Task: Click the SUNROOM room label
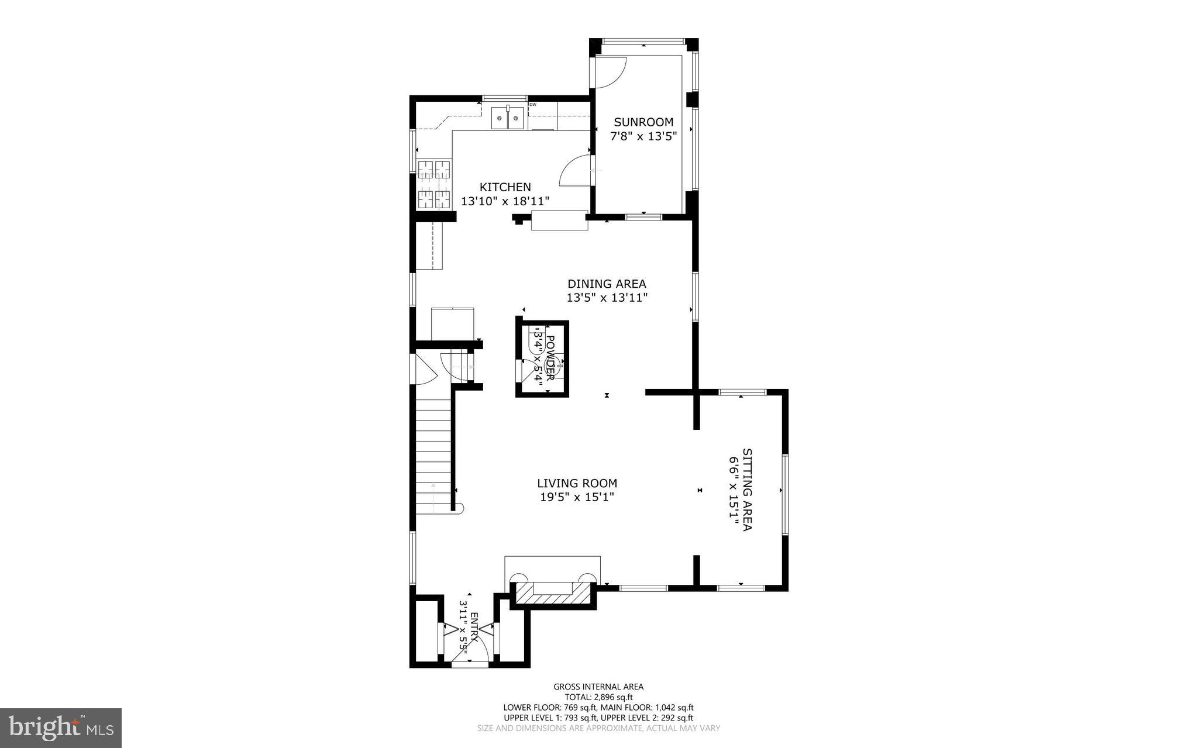pyautogui.click(x=643, y=122)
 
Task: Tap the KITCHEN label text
pyautogui.click(x=505, y=187)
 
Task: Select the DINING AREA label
pyautogui.click(x=607, y=284)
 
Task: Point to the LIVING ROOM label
pyautogui.click(x=577, y=483)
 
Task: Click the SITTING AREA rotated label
pyautogui.click(x=747, y=490)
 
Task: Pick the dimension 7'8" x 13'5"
pyautogui.click(x=643, y=136)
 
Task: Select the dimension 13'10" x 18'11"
pyautogui.click(x=505, y=201)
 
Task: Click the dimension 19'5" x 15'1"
pyautogui.click(x=577, y=497)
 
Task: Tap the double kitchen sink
pyautogui.click(x=507, y=118)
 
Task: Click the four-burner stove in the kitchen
pyautogui.click(x=433, y=184)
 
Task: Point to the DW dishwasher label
pyautogui.click(x=532, y=105)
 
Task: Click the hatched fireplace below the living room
pyautogui.click(x=553, y=592)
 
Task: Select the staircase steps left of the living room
pyautogui.click(x=433, y=450)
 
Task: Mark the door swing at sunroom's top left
pyautogui.click(x=611, y=71)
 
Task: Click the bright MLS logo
pyautogui.click(x=61, y=728)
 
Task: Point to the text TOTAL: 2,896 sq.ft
pyautogui.click(x=598, y=697)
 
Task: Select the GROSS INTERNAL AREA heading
pyautogui.click(x=598, y=687)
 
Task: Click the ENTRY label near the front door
pyautogui.click(x=474, y=628)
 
